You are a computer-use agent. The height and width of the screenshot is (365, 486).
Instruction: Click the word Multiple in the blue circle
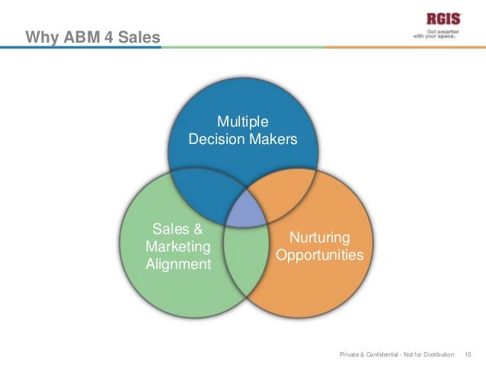pyautogui.click(x=243, y=122)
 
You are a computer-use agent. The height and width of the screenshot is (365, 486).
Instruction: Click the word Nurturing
pyautogui.click(x=319, y=237)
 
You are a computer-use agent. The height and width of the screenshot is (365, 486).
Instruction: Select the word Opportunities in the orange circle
pyautogui.click(x=319, y=255)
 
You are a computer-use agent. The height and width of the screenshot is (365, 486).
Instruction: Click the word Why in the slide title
pyautogui.click(x=40, y=36)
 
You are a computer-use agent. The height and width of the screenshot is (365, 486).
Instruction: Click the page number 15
pyautogui.click(x=468, y=354)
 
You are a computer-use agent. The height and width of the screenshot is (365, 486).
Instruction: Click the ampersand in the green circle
pyautogui.click(x=197, y=229)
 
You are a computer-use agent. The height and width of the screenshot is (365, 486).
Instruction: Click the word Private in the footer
pyautogui.click(x=350, y=354)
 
